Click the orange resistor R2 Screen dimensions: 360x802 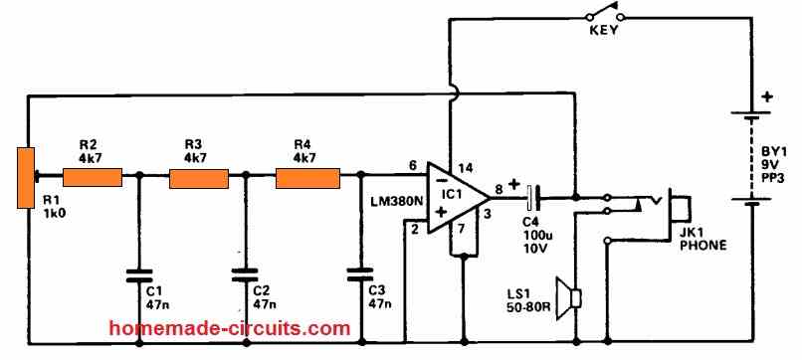pyautogui.click(x=92, y=178)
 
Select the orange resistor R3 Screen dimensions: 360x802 pyautogui.click(x=199, y=178)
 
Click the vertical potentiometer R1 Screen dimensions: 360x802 pyautogui.click(x=25, y=178)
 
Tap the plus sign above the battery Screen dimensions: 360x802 pyautogui.click(x=766, y=97)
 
